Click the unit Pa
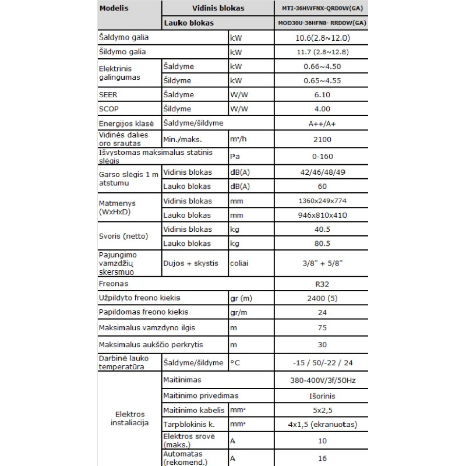pyautogui.click(x=235, y=156)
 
